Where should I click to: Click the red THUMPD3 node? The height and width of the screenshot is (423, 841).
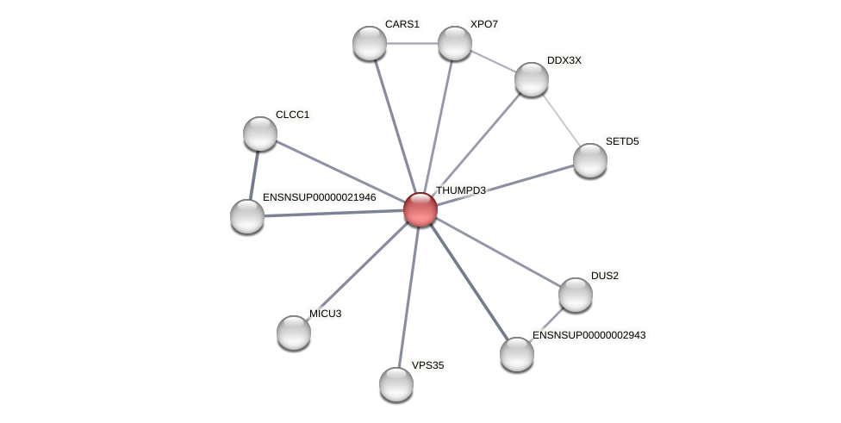(x=420, y=209)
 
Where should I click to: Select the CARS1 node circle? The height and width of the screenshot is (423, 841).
(x=370, y=43)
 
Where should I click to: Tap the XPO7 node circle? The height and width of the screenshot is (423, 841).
(x=455, y=43)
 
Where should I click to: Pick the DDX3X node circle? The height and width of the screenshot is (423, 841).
(x=532, y=79)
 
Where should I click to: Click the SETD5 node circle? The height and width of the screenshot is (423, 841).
(x=590, y=160)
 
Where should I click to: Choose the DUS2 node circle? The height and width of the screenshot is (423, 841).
(x=576, y=295)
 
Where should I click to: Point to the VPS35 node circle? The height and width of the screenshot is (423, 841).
(x=396, y=384)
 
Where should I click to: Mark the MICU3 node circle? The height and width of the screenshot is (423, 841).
(x=294, y=333)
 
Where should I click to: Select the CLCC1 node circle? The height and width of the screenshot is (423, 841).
(x=260, y=134)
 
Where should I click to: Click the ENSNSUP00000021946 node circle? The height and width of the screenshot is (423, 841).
(x=247, y=216)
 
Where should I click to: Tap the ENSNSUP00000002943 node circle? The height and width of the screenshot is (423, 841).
(x=517, y=354)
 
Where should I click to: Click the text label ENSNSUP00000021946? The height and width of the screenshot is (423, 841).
(x=319, y=197)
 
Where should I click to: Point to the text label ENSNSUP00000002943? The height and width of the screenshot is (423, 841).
(x=589, y=335)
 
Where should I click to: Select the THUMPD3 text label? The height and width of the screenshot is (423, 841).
(x=460, y=190)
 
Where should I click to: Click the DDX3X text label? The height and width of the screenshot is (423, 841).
(x=564, y=60)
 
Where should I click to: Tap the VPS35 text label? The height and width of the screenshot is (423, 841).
(x=427, y=365)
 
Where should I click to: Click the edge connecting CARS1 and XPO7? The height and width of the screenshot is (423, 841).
(x=412, y=43)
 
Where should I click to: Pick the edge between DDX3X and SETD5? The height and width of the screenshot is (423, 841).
(x=561, y=120)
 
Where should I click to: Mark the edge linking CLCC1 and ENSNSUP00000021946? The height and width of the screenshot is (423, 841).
(x=254, y=175)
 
